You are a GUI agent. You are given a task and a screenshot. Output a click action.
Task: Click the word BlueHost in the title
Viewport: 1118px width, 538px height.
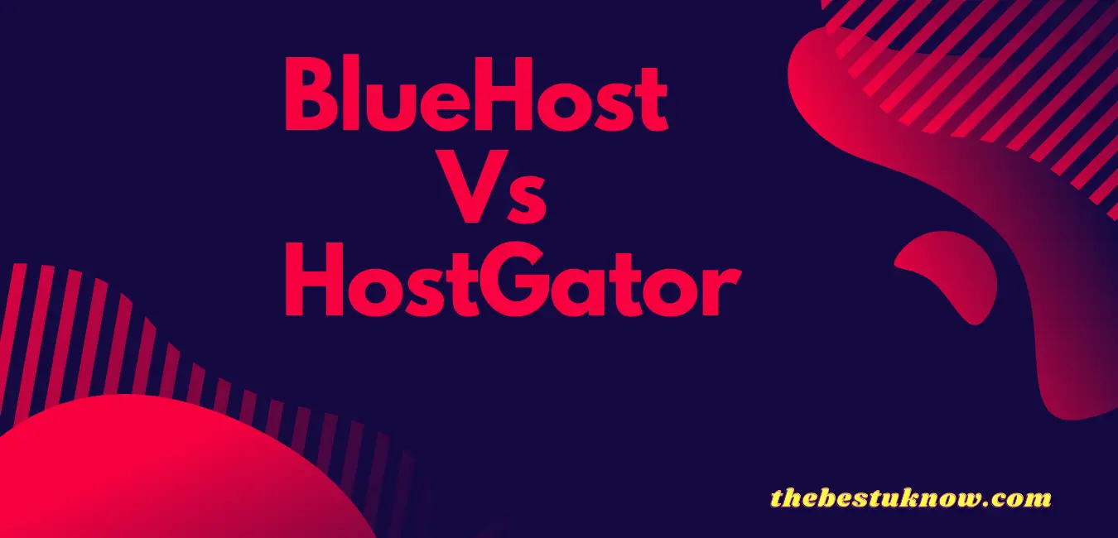coord(475,98)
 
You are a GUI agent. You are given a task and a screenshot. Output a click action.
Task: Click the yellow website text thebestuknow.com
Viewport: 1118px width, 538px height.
coord(911,498)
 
